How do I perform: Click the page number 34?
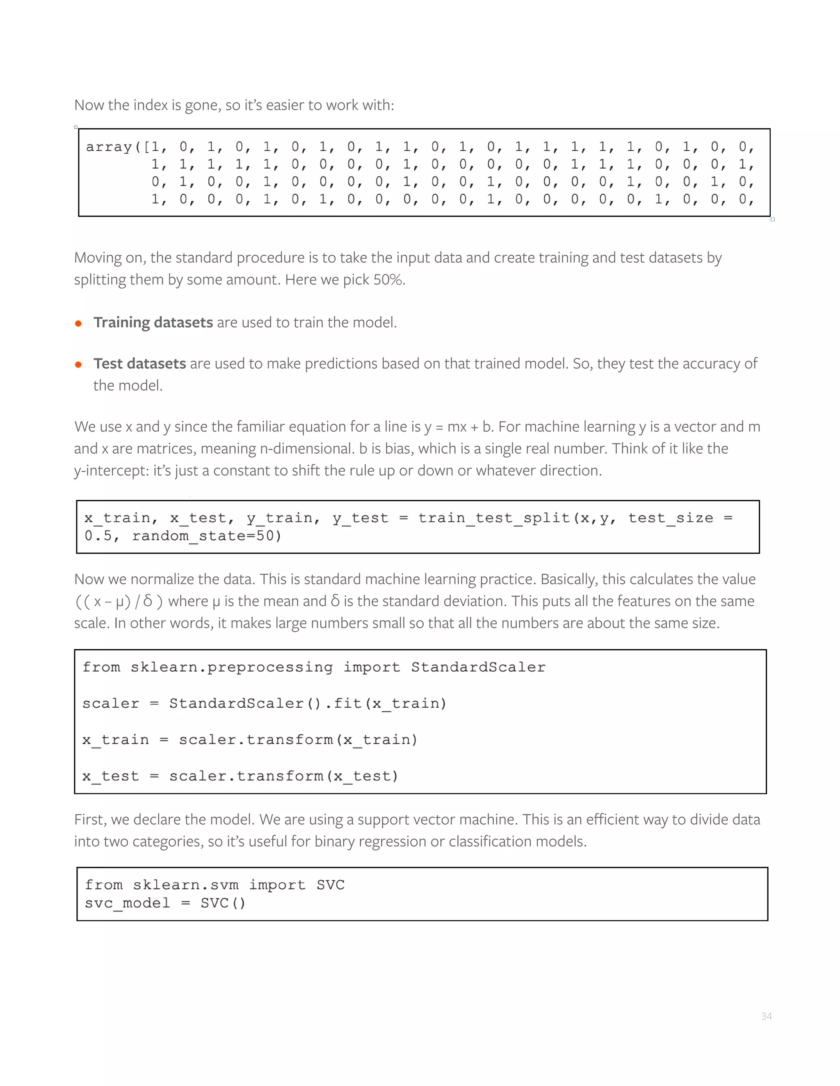click(x=766, y=1016)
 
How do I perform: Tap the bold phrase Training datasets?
click(x=153, y=322)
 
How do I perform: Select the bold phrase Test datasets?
click(x=140, y=364)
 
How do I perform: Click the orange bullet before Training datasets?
click(x=78, y=323)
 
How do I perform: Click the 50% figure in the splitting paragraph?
click(x=388, y=279)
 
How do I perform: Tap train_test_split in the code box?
click(x=494, y=518)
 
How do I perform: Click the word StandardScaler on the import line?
click(x=478, y=667)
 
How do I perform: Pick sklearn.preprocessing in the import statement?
click(x=231, y=667)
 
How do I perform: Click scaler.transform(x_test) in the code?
click(x=284, y=776)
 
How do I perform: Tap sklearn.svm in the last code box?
click(x=185, y=885)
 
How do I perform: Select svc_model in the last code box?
click(x=128, y=902)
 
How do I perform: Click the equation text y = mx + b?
click(x=457, y=427)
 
